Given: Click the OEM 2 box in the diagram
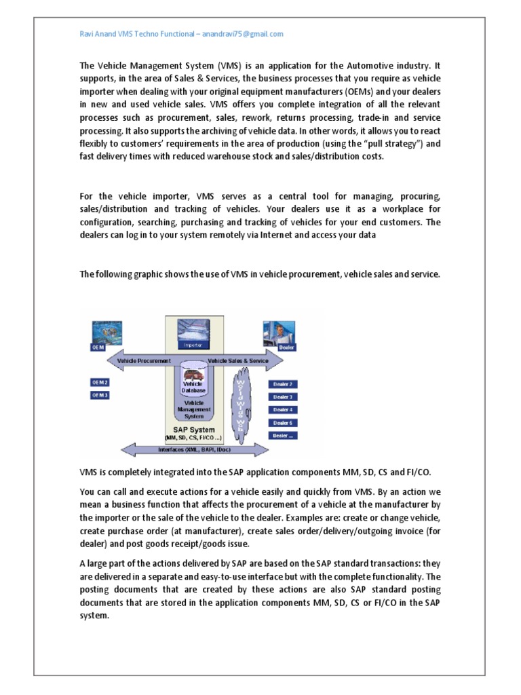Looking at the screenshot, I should coord(100,383).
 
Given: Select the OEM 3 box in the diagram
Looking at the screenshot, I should coord(100,395).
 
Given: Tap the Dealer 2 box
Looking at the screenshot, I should coord(283,384).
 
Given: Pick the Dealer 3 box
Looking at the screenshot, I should coord(283,397).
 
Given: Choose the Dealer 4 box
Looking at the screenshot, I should coord(283,410).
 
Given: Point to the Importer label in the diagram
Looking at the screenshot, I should coord(193,345).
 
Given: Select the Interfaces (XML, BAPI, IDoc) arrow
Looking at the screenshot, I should coord(193,449).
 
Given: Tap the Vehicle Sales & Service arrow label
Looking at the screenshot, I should coord(237,361).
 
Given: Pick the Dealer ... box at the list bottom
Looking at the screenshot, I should coord(283,436).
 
